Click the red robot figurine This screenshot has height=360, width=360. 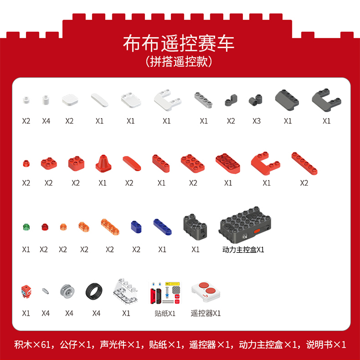26,291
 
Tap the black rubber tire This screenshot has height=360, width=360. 94,291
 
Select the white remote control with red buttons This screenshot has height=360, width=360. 206,291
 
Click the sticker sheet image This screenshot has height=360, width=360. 165,292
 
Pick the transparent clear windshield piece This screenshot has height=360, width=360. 125,291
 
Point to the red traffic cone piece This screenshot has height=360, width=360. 103,164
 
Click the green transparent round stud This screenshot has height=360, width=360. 26,227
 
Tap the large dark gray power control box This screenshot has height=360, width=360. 245,225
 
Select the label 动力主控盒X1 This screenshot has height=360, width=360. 243,250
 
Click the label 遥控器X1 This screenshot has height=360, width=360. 206,313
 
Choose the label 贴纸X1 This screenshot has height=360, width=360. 165,313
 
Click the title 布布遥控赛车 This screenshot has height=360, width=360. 179,43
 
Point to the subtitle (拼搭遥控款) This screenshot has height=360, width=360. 179,61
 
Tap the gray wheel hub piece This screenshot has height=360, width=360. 67,291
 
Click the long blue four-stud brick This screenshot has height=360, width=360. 163,227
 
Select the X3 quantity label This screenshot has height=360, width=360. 256,121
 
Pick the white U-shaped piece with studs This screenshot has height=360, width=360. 168,101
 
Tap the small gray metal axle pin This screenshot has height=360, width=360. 46,291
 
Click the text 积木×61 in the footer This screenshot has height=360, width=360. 32,345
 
